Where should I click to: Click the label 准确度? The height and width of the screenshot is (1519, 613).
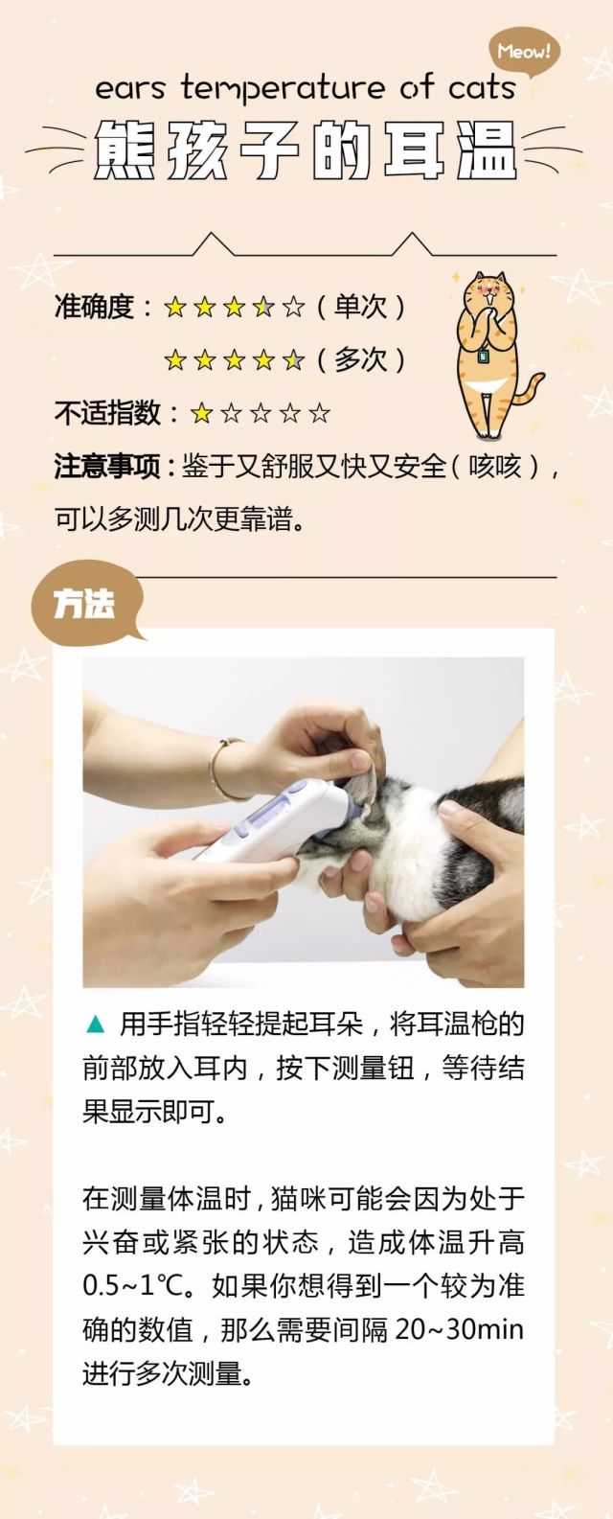[x=95, y=307]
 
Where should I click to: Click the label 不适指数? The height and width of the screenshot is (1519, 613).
[x=107, y=413]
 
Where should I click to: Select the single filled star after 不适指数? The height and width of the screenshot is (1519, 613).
[x=201, y=414]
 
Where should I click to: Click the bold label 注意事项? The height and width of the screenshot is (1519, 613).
[x=107, y=467]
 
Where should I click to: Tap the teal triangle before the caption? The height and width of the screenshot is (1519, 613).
[x=95, y=1024]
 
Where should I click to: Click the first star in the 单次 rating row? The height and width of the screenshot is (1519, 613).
[x=174, y=308]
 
